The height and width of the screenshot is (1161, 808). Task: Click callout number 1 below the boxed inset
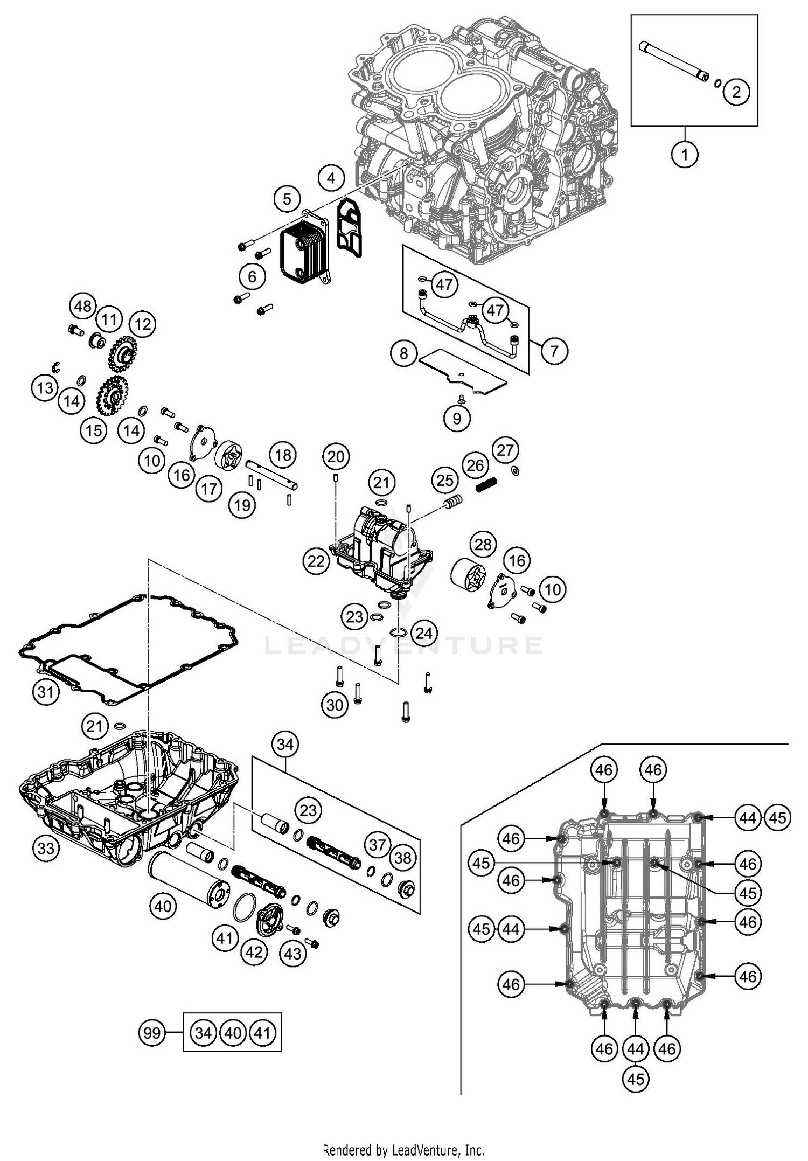[x=685, y=155]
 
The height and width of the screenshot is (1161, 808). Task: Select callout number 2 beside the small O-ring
[x=736, y=92]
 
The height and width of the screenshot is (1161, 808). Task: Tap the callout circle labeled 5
[x=287, y=199]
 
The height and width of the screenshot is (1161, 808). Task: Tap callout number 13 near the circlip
[x=45, y=388]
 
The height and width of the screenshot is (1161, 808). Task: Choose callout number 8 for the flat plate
[x=404, y=353]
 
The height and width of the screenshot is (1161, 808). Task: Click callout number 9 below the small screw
[x=457, y=418]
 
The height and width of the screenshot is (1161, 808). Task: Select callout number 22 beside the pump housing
[x=316, y=561]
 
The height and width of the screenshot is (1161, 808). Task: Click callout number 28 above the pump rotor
[x=483, y=544]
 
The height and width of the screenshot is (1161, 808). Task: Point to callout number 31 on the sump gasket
[x=45, y=691]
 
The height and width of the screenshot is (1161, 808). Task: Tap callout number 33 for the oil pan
[x=46, y=848]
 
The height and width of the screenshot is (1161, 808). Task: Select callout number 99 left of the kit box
[x=152, y=1033]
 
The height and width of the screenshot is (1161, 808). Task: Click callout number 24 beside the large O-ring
[x=424, y=632]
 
